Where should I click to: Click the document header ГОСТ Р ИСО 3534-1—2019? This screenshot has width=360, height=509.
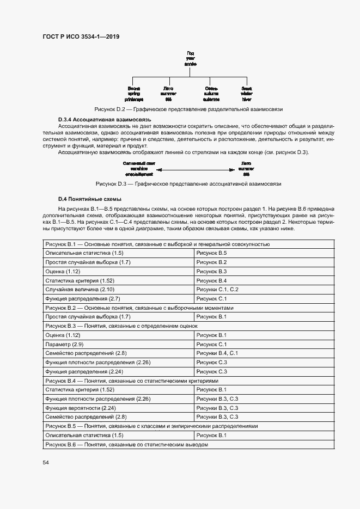click(81, 37)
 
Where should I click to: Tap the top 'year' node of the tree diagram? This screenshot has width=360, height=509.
click(190, 57)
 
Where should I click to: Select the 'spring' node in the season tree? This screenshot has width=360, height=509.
click(133, 94)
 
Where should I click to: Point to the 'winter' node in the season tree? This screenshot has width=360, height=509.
click(247, 94)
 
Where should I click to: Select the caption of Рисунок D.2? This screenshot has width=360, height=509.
click(188, 109)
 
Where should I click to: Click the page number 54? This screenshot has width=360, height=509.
click(46, 462)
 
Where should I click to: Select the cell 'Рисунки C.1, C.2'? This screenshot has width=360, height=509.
click(217, 290)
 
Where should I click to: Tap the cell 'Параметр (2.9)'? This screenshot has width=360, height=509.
click(64, 344)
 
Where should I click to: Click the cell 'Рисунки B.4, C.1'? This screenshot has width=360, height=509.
click(217, 353)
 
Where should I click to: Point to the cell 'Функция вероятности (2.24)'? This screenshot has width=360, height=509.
click(81, 408)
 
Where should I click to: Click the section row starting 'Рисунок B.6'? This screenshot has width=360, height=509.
click(126, 445)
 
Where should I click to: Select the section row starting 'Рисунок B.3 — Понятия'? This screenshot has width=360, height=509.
click(121, 326)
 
